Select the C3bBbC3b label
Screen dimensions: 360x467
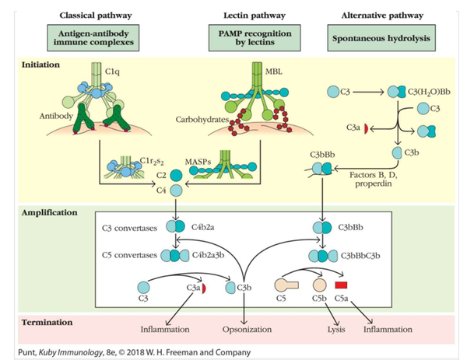click(362, 255)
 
